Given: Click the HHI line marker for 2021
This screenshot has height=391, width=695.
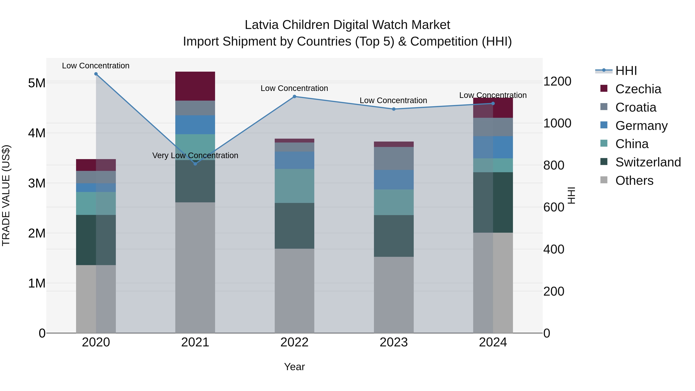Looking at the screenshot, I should pos(195,164).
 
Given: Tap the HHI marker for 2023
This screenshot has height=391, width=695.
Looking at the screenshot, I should pos(394,109).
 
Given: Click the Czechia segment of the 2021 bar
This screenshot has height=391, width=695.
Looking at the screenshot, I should pos(195,86).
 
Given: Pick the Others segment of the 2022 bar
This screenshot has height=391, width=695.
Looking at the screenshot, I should pos(294,291).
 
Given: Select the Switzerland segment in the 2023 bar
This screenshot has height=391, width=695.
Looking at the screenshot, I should pos(394,236).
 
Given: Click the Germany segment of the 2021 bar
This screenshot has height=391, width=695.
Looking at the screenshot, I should pos(195,125).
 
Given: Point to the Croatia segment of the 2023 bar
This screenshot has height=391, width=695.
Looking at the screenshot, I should pos(394,158).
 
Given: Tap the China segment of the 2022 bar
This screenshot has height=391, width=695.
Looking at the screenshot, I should pos(294,186).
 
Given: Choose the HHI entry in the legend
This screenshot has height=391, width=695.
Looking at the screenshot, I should pos(626,71).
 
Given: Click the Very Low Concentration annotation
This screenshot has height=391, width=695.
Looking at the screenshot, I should pos(195,155).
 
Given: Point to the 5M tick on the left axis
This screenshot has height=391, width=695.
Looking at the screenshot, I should pos(37,83).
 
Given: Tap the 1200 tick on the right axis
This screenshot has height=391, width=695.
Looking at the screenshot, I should pos(557,81).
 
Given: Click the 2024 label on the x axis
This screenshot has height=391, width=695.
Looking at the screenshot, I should pos(493,342).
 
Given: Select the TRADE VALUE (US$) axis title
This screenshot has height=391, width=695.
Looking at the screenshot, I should pos(6,195).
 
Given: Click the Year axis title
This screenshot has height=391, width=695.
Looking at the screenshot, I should pos(294,367).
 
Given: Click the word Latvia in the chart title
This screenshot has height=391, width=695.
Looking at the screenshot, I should pos(261,25).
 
